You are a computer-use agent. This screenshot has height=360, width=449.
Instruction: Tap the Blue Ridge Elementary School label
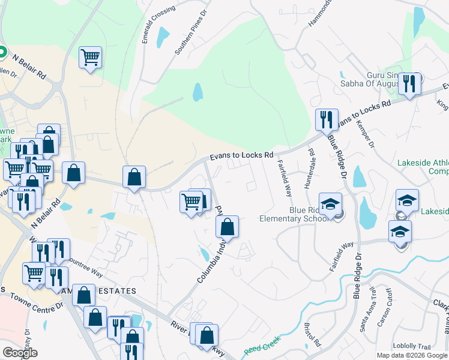click(x=294, y=214)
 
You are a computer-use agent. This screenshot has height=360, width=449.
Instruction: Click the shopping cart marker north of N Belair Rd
click(x=90, y=58)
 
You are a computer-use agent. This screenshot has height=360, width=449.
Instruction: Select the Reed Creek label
click(x=259, y=348)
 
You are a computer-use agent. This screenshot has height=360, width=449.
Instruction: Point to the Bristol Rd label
click(x=312, y=337)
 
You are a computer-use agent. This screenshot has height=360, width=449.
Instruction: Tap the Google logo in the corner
click(x=20, y=353)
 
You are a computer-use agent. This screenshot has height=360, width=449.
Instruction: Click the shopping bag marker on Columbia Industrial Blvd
click(x=227, y=227)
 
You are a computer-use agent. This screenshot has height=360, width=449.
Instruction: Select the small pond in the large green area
click(x=197, y=92)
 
